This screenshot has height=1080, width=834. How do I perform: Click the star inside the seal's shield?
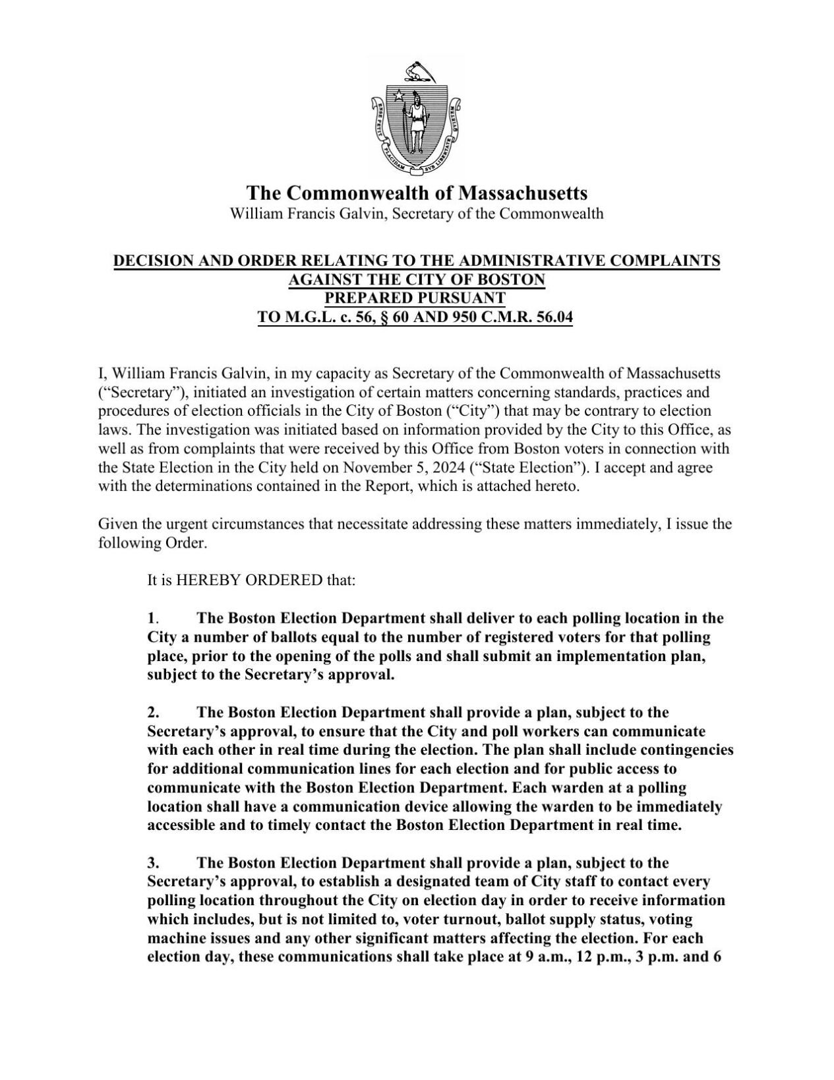tap(398, 96)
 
